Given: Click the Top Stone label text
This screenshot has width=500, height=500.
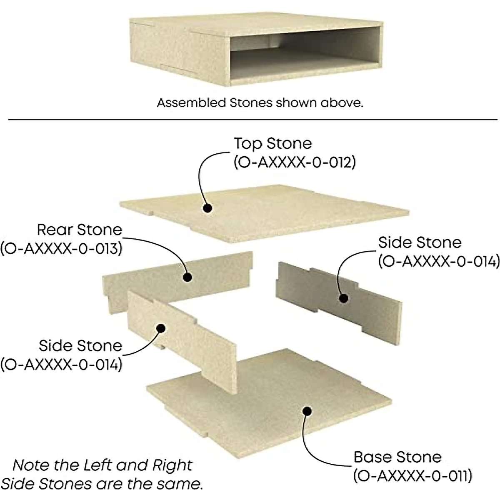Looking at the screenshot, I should (272, 144).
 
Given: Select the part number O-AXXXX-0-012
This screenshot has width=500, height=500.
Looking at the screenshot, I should (295, 162).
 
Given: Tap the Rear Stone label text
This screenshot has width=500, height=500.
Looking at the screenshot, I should (80, 230).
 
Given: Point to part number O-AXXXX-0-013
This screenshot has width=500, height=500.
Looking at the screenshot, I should (61, 249).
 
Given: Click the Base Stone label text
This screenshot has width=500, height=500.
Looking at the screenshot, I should (397, 457).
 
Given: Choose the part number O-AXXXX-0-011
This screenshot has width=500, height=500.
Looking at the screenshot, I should (412, 475).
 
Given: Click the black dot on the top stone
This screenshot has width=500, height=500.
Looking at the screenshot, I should (207, 207).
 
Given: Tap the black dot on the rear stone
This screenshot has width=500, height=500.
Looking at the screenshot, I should (187, 277).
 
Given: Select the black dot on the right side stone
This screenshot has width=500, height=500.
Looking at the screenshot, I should (343, 298).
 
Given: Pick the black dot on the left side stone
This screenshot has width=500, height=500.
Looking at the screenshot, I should (160, 328).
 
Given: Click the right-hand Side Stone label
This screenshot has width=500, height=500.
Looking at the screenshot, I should (420, 242).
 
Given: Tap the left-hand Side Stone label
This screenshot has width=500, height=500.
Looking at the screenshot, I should (80, 345).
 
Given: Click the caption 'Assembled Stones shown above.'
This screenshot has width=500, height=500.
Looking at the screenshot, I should (260, 103).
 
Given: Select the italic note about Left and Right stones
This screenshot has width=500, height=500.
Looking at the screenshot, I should (102, 474).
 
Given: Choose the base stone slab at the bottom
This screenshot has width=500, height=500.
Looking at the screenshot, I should (267, 400).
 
